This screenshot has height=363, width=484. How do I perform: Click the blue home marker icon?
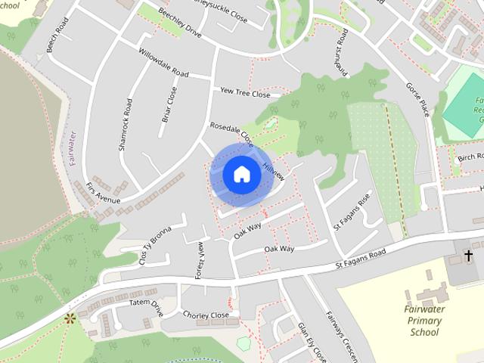pos(241,175)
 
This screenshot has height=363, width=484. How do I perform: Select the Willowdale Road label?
pos(163,63)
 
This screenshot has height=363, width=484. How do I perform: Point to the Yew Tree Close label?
pos(244,93)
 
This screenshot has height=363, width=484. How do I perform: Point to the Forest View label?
pos(200,260)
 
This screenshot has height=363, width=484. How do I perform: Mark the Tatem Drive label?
pos(146,306)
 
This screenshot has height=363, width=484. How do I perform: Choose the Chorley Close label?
pos(205,315)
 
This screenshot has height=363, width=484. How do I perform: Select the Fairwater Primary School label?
pos(424,320)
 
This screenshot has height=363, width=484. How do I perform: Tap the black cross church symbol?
pos(468,256)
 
